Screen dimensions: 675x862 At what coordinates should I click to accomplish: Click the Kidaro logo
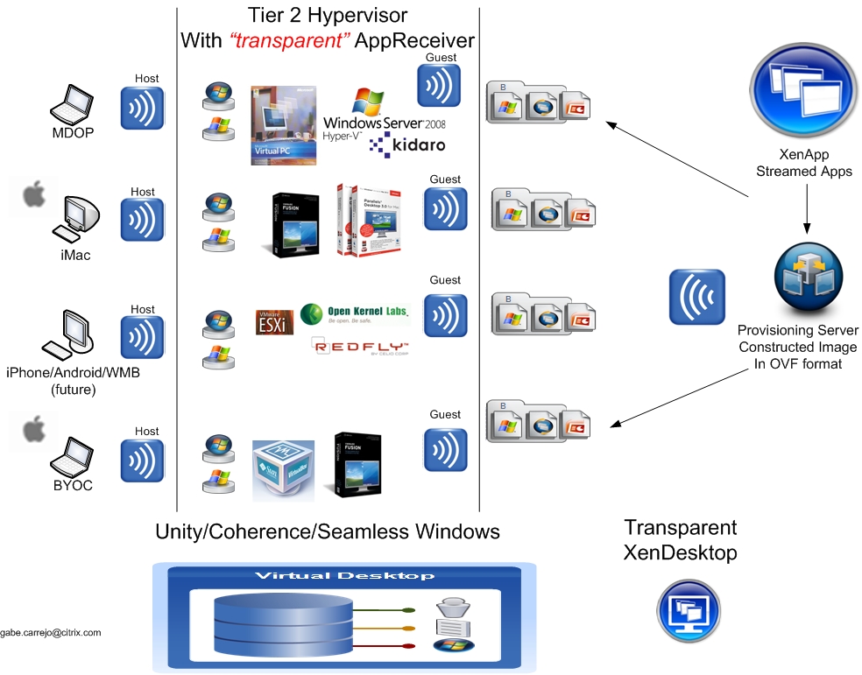[407, 144]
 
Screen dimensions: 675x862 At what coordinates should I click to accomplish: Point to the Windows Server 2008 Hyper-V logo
[384, 112]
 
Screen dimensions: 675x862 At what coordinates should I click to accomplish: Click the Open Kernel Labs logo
[355, 313]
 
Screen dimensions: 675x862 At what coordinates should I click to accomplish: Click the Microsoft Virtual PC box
[282, 125]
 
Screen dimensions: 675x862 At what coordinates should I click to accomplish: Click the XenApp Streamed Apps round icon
[803, 88]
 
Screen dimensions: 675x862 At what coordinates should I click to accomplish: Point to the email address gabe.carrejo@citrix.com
[51, 632]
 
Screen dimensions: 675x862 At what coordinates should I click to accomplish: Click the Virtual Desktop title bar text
[344, 576]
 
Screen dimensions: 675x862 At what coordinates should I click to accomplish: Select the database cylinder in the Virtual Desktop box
[282, 627]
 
